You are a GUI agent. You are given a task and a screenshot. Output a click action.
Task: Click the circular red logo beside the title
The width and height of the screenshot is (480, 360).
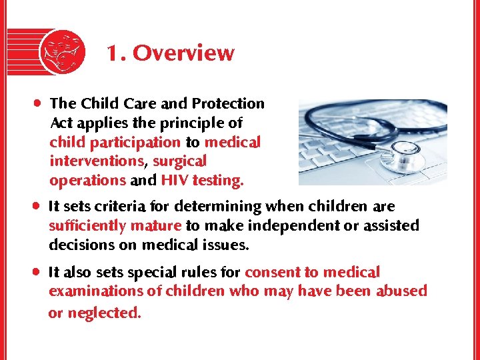(x=62, y=52)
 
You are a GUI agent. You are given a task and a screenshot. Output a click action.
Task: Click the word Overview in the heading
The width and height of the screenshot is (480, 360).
(x=183, y=53)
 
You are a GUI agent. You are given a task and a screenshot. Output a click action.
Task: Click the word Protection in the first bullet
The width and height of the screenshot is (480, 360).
(x=228, y=104)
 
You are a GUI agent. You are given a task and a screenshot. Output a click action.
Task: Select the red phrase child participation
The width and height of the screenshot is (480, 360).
(x=115, y=143)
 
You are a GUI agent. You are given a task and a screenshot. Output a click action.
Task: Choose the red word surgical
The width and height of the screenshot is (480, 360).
(x=180, y=161)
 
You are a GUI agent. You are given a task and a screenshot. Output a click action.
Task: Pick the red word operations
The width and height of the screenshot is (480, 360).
(x=87, y=181)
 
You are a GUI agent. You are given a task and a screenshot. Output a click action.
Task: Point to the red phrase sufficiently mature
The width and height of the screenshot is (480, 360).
(x=115, y=226)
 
